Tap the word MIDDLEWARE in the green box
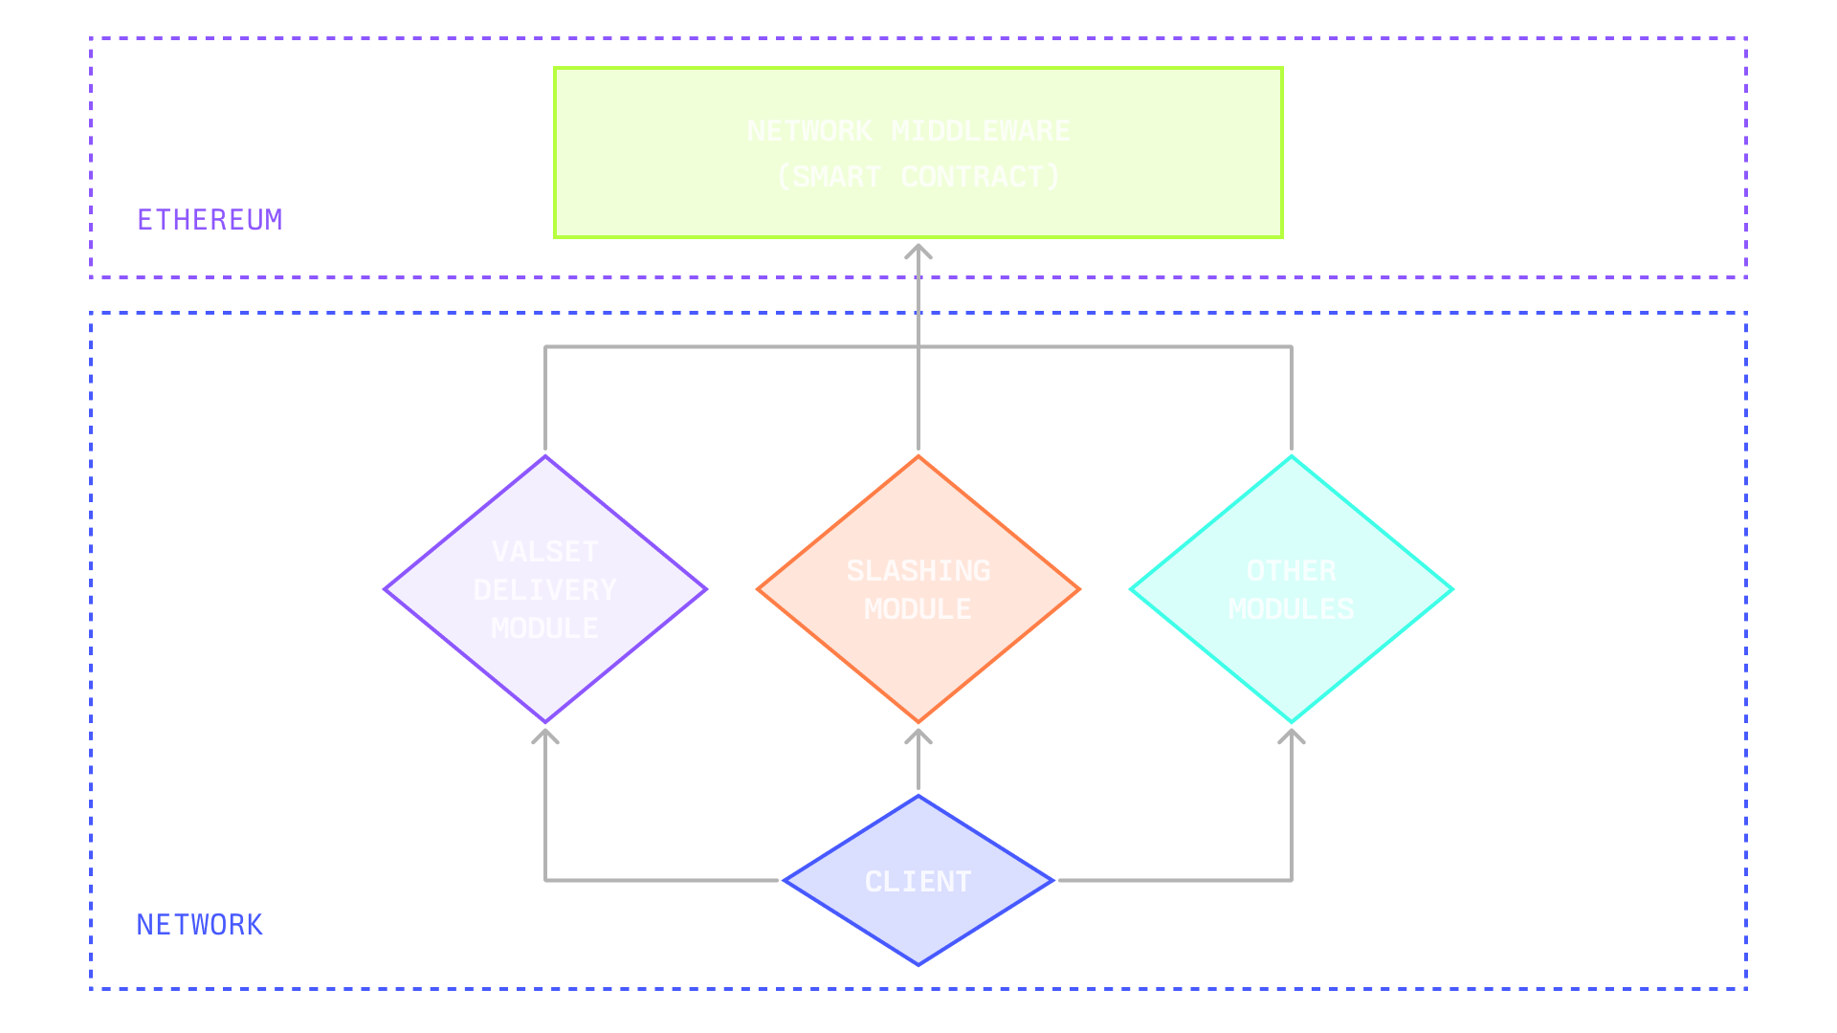coord(981,131)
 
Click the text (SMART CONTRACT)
coord(918,177)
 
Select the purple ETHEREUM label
coord(210,220)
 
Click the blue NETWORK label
coord(199,925)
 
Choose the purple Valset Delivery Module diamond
coord(545,670)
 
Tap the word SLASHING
coord(918,571)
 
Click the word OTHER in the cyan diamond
coord(1292,571)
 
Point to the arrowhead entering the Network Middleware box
coord(918,251)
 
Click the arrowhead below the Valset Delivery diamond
coord(545,736)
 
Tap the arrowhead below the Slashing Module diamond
coord(918,736)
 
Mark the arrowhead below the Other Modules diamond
coord(1292,736)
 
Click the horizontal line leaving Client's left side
coord(660,880)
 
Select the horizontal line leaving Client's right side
coord(1177,880)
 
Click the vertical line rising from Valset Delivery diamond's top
coord(545,402)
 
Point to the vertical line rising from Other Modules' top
coord(1292,402)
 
